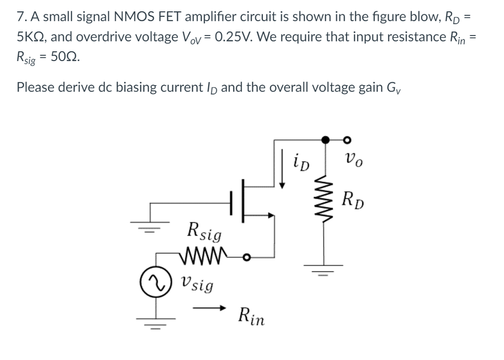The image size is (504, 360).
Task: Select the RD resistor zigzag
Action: pyautogui.click(x=324, y=200)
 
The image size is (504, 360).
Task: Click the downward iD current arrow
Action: pyautogui.click(x=282, y=167)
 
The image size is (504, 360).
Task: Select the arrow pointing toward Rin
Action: pyautogui.click(x=209, y=308)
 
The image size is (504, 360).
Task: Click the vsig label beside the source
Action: pyautogui.click(x=197, y=284)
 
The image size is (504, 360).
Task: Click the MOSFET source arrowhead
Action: pyautogui.click(x=270, y=215)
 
